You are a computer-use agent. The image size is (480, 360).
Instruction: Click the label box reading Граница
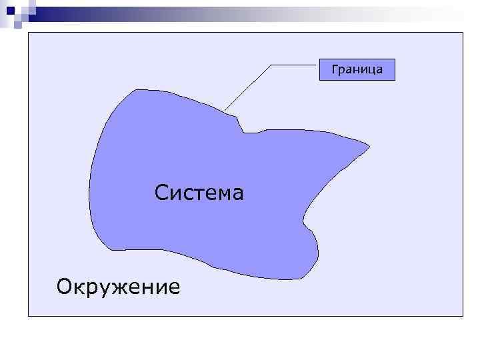[357, 69]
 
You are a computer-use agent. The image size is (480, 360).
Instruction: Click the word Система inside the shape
[199, 193]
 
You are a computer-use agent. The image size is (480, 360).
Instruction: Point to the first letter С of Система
[161, 194]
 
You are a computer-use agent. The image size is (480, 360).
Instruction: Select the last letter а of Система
[238, 195]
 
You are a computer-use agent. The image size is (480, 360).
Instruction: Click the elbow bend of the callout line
[271, 65]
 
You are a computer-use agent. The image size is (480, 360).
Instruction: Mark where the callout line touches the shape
[225, 110]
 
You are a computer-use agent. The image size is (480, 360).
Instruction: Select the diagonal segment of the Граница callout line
[248, 87]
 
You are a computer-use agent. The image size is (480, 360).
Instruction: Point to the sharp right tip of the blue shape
[369, 145]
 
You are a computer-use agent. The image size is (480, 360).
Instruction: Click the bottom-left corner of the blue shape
[112, 249]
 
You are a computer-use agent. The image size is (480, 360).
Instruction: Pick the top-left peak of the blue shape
[136, 90]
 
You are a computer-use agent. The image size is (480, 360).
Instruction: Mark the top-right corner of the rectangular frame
[463, 33]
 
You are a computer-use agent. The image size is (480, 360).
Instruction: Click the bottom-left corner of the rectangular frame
[28, 315]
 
